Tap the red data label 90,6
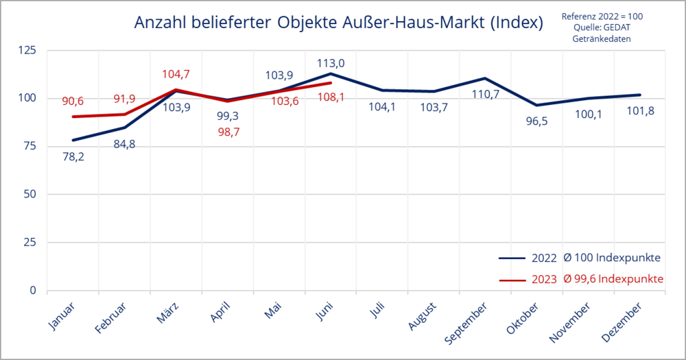click(73, 101)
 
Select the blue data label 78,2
click(73, 156)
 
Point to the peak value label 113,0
click(331, 63)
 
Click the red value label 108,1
click(331, 97)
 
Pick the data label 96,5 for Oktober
click(537, 121)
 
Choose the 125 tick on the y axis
click(27, 50)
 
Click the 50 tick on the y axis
click(30, 194)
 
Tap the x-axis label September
click(466, 323)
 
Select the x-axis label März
click(168, 313)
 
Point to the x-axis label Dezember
click(622, 322)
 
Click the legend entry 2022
click(544, 258)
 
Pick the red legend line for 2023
click(512, 280)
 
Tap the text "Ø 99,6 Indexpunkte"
click(613, 279)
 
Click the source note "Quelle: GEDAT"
click(602, 27)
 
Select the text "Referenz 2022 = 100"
click(602, 16)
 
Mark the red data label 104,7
click(176, 74)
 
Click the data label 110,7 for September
click(485, 94)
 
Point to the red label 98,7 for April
click(229, 132)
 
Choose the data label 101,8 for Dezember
click(641, 111)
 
